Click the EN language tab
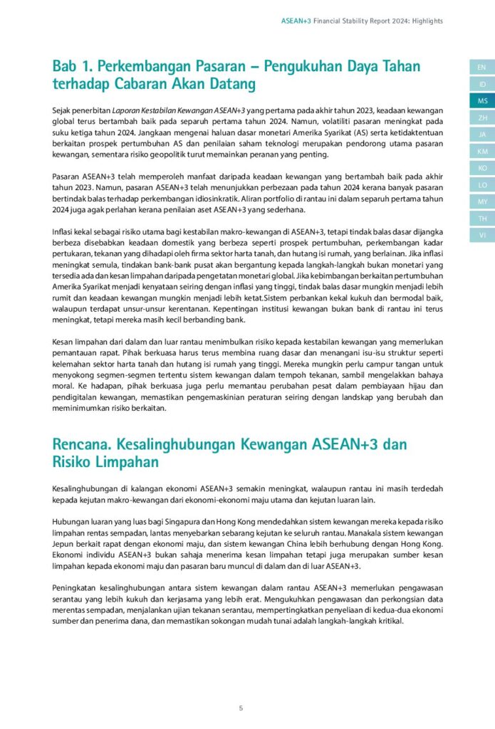click(x=482, y=68)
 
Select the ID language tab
click(x=482, y=84)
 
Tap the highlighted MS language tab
click(x=482, y=101)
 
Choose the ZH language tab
click(x=482, y=117)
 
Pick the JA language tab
click(x=482, y=135)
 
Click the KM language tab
click(x=482, y=151)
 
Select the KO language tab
click(x=482, y=168)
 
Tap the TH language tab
click(x=482, y=218)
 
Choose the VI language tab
click(x=482, y=234)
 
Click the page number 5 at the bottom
click(x=241, y=708)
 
